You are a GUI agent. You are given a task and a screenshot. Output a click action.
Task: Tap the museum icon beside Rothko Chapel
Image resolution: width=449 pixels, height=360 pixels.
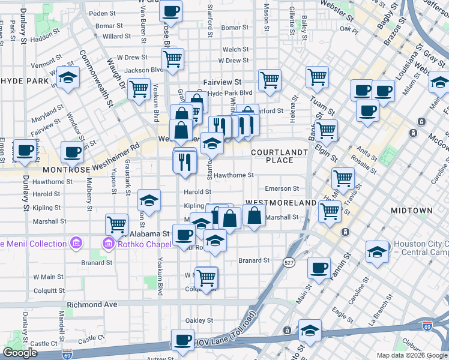(x=109, y=243)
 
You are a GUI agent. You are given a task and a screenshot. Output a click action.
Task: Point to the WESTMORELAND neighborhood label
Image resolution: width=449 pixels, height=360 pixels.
(x=280, y=203)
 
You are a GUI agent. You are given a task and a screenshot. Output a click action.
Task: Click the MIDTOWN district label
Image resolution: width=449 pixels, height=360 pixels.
(x=411, y=211)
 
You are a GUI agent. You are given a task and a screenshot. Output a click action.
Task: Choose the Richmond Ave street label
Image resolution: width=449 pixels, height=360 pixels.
(x=92, y=304)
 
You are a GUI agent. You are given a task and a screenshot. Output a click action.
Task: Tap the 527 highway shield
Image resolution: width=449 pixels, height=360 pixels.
(x=289, y=262)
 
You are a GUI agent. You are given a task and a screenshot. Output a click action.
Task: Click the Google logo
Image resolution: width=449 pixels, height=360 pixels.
(x=20, y=352)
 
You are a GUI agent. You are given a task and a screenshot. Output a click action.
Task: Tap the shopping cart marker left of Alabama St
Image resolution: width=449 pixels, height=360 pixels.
(x=116, y=224)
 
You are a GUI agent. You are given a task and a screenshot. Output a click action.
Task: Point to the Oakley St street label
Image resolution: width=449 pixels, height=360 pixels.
(x=200, y=320)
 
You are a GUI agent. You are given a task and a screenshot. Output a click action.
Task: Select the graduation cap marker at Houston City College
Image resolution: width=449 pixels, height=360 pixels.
(x=377, y=251)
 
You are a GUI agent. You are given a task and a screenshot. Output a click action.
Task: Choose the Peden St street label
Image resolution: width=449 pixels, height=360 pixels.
(x=101, y=13)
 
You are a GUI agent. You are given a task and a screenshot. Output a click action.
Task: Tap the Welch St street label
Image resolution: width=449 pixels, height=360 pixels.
(x=235, y=50)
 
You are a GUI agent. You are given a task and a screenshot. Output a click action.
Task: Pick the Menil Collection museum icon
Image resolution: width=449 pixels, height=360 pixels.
(x=76, y=243)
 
